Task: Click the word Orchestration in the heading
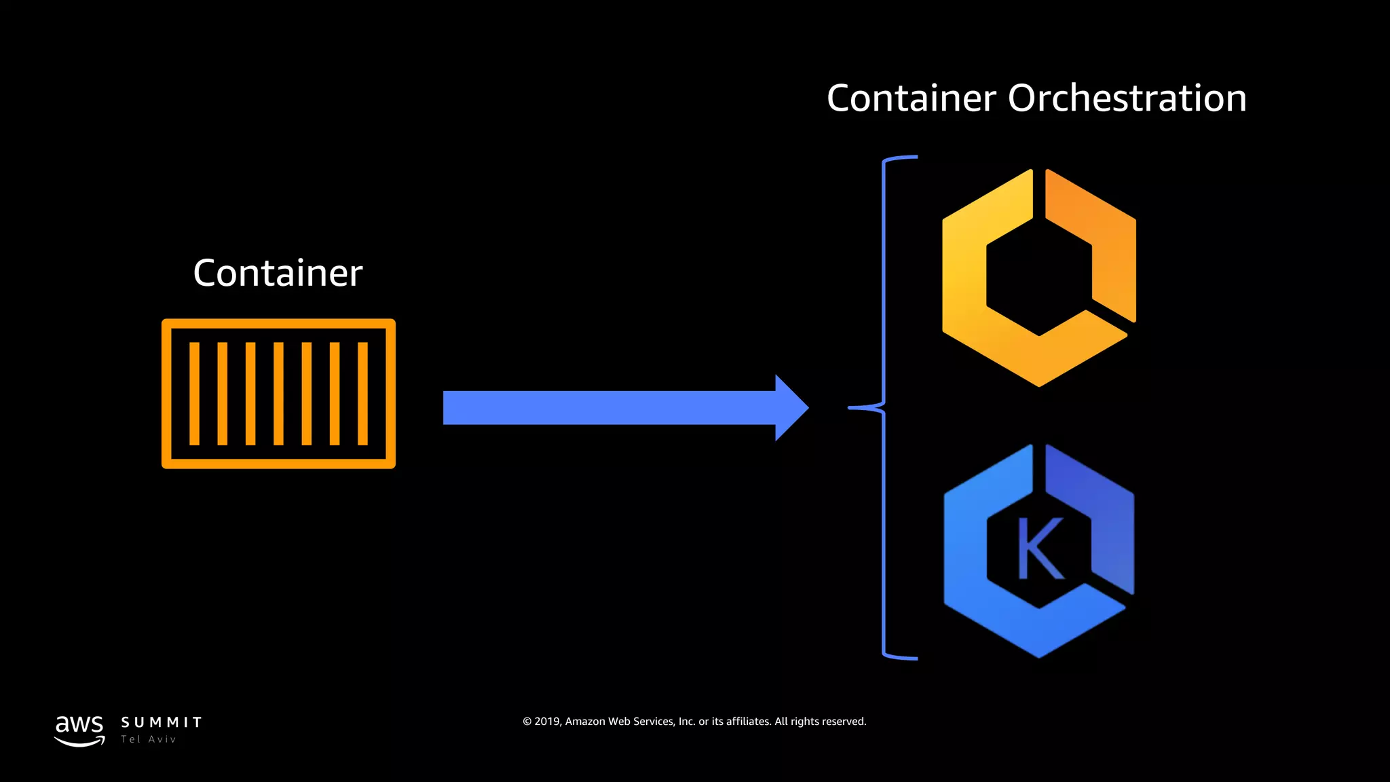(1127, 98)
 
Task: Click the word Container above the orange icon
(278, 273)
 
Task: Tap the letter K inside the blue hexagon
(1039, 548)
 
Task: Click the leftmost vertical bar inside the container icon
(194, 394)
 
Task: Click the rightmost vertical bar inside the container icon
(362, 394)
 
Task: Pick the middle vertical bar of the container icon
(278, 394)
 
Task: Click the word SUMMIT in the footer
(162, 722)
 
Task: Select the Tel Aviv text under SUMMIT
(149, 739)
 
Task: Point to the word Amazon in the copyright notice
(585, 722)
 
